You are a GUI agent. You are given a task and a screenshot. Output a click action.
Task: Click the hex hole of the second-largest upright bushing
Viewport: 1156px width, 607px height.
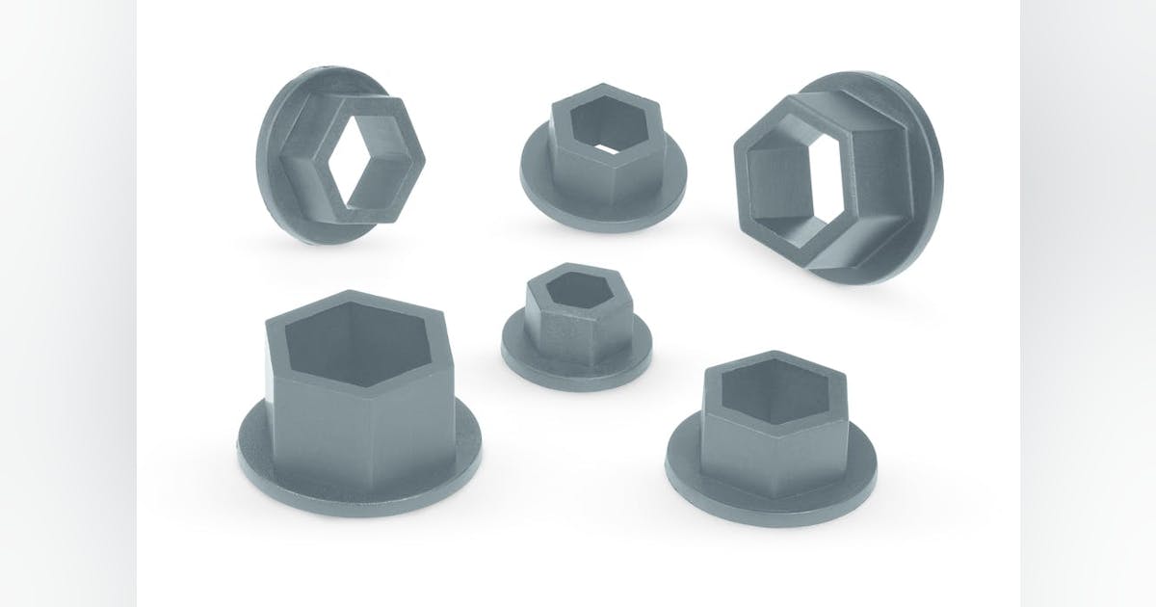tap(773, 389)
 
